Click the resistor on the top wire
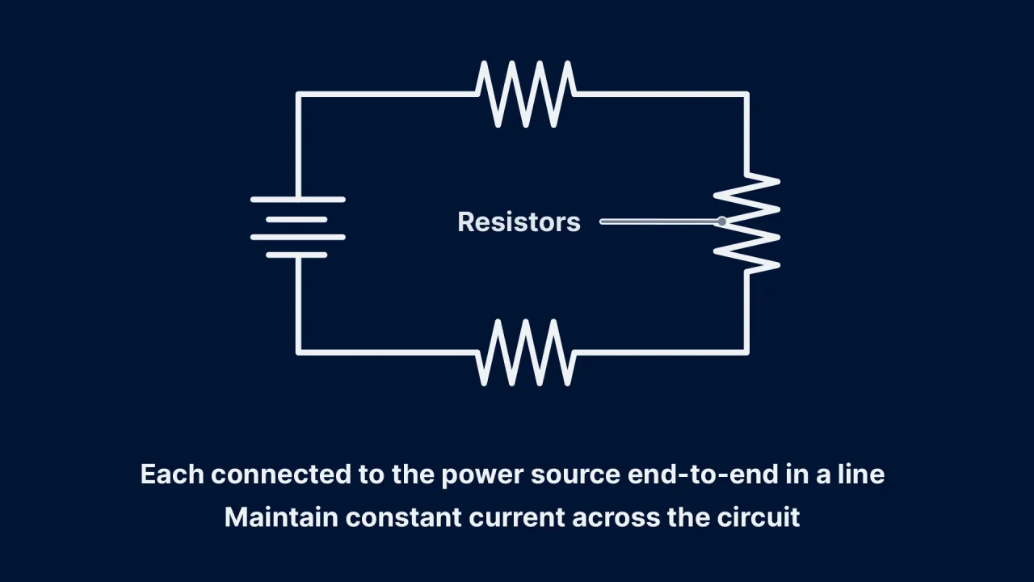point(526,95)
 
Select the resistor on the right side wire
point(747,221)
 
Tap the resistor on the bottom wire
point(526,352)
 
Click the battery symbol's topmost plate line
point(298,199)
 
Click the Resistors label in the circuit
point(519,222)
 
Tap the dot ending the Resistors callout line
point(721,221)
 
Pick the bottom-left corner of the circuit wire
point(299,352)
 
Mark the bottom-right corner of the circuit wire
point(746,352)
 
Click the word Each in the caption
point(172,474)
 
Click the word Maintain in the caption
point(281,517)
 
